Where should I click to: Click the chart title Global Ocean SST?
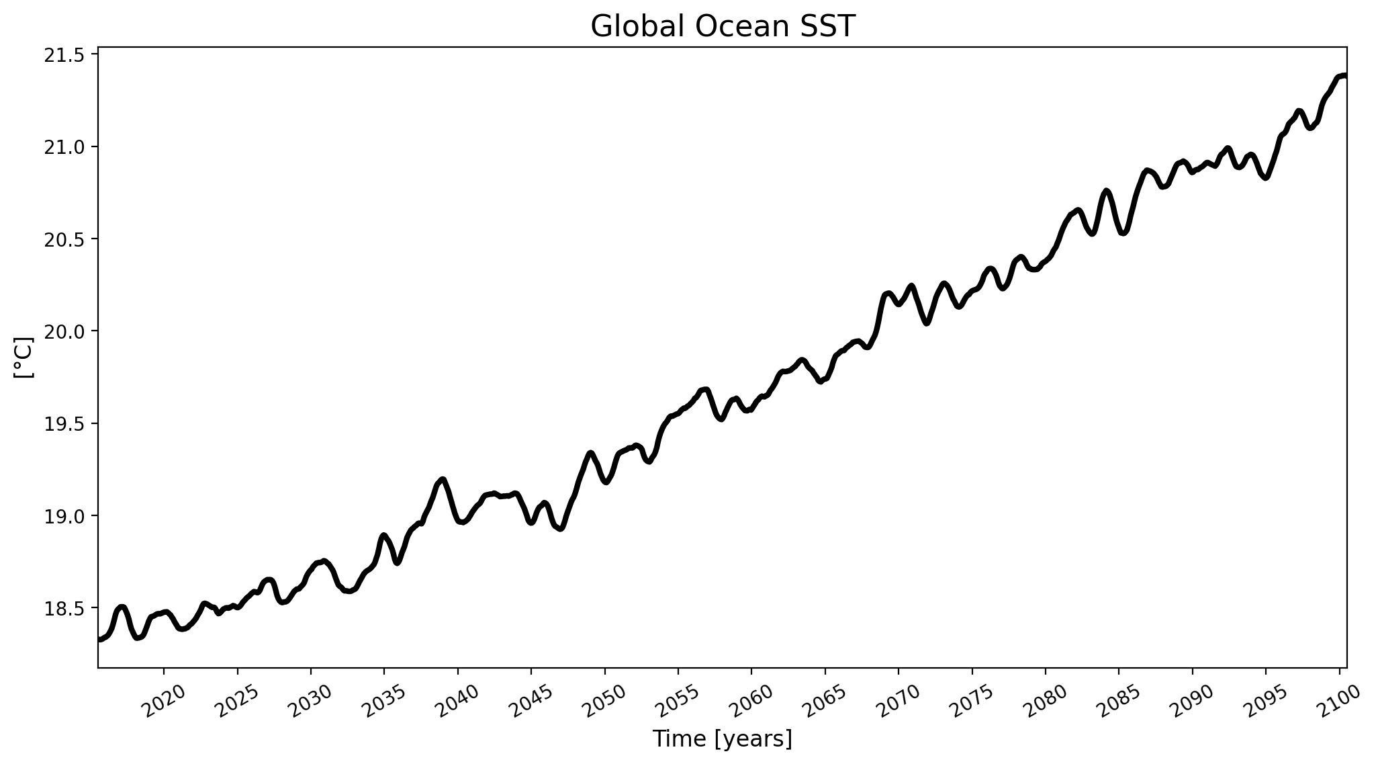click(723, 27)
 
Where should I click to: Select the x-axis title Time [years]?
click(723, 739)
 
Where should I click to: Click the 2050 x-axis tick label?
click(605, 702)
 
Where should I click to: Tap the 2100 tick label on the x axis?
click(1340, 702)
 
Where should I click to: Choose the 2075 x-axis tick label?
click(972, 702)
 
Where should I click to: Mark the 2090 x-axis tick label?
click(1193, 702)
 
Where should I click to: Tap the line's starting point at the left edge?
click(99, 639)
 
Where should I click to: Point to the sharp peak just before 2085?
click(1106, 191)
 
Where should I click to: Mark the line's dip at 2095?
click(1266, 178)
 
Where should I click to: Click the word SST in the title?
click(831, 27)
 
